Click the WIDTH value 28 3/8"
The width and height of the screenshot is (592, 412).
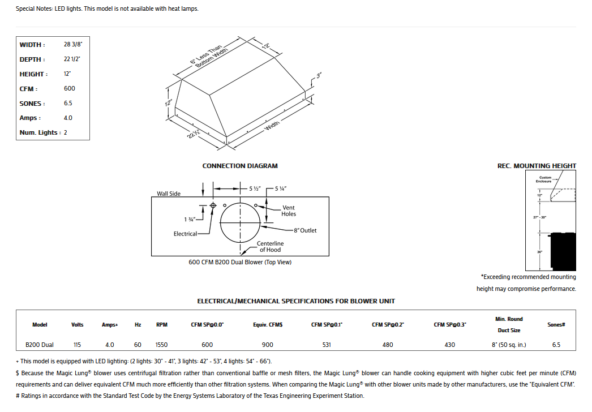[73, 45]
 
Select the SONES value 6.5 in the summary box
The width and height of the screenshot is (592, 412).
[68, 104]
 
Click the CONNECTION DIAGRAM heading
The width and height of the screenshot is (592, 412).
[240, 166]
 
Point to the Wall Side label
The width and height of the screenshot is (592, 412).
[169, 194]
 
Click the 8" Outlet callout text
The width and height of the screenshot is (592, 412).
[305, 230]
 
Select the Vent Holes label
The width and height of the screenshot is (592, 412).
[289, 211]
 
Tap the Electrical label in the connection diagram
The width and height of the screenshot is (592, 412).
[185, 234]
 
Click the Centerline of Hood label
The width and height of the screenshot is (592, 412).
[270, 246]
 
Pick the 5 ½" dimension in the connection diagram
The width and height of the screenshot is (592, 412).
[254, 188]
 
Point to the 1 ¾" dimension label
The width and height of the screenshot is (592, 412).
[190, 219]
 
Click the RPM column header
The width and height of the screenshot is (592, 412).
[161, 325]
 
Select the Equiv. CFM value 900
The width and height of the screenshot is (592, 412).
[268, 345]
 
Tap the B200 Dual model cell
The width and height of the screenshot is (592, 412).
[40, 345]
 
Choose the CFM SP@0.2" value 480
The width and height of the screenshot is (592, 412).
[388, 345]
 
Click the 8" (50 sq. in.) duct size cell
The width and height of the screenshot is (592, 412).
[509, 345]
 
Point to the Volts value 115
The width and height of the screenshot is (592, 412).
[78, 345]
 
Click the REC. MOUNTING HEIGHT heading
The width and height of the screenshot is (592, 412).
[537, 166]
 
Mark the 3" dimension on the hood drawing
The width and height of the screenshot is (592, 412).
[319, 75]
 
